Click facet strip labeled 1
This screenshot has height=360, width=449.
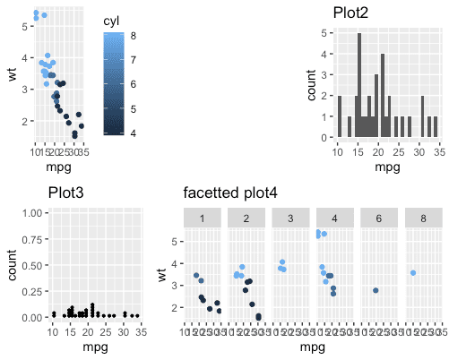(203, 219)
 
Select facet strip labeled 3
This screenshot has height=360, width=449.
(290, 219)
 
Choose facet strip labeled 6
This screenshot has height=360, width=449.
(379, 219)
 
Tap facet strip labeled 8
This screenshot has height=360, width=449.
(423, 219)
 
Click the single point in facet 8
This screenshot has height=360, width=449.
(412, 273)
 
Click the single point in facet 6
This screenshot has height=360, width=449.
(376, 291)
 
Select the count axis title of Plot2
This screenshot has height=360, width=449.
(312, 86)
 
